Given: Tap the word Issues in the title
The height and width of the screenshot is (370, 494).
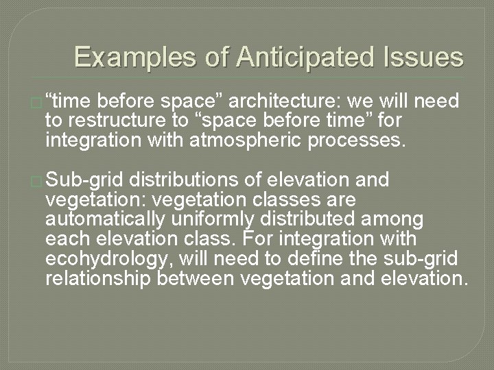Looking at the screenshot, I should (x=426, y=57).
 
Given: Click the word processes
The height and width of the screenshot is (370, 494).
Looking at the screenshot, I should (x=357, y=142).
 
